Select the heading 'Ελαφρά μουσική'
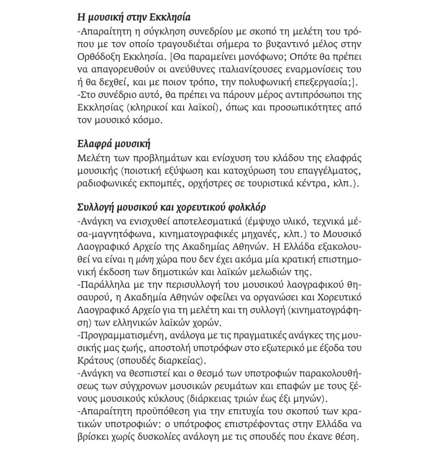click(x=110, y=144)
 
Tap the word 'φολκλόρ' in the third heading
click(x=246, y=207)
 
